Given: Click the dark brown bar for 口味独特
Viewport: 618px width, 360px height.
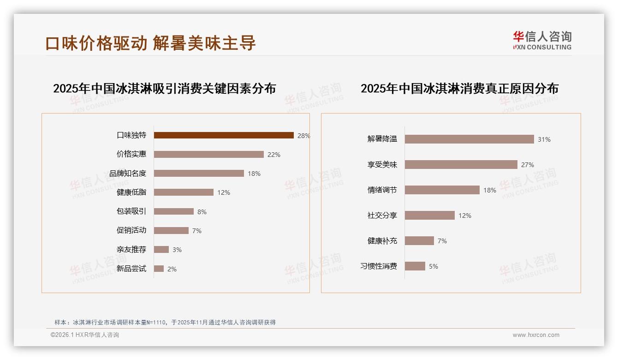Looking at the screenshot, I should point(224,135).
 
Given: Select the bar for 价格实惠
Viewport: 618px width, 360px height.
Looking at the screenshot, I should point(208,155).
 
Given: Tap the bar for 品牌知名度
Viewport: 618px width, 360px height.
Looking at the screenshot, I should point(199,174).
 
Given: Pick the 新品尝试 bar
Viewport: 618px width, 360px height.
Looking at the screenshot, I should point(159,269).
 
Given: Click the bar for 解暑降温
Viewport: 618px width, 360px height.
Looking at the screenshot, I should point(469,139).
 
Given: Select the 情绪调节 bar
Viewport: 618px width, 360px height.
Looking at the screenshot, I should point(442,190).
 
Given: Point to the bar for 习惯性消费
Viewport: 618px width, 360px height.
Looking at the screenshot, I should point(415,266).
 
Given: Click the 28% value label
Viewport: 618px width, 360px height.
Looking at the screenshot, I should point(303,136).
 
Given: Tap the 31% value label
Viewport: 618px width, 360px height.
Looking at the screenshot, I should point(544,139).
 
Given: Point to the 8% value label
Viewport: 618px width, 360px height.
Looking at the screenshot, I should point(202,212).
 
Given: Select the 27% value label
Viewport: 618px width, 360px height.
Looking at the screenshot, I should point(527,165).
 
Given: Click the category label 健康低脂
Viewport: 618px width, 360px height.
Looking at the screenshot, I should point(131,192).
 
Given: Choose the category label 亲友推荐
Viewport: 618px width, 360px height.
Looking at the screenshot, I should point(131,250).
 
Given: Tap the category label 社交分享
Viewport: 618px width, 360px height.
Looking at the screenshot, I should point(382,216).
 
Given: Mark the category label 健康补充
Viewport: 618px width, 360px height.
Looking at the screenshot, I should point(382,241).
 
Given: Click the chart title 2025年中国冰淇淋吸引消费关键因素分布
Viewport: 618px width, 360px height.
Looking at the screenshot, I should point(164,88).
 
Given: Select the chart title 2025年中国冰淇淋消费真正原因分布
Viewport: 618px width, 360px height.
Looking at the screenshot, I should point(459,88).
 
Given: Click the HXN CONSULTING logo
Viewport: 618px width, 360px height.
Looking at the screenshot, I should point(542,41).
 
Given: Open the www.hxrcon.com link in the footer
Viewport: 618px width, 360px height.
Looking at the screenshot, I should point(536,335).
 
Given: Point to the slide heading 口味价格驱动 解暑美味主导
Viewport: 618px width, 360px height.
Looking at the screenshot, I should point(150,43).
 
